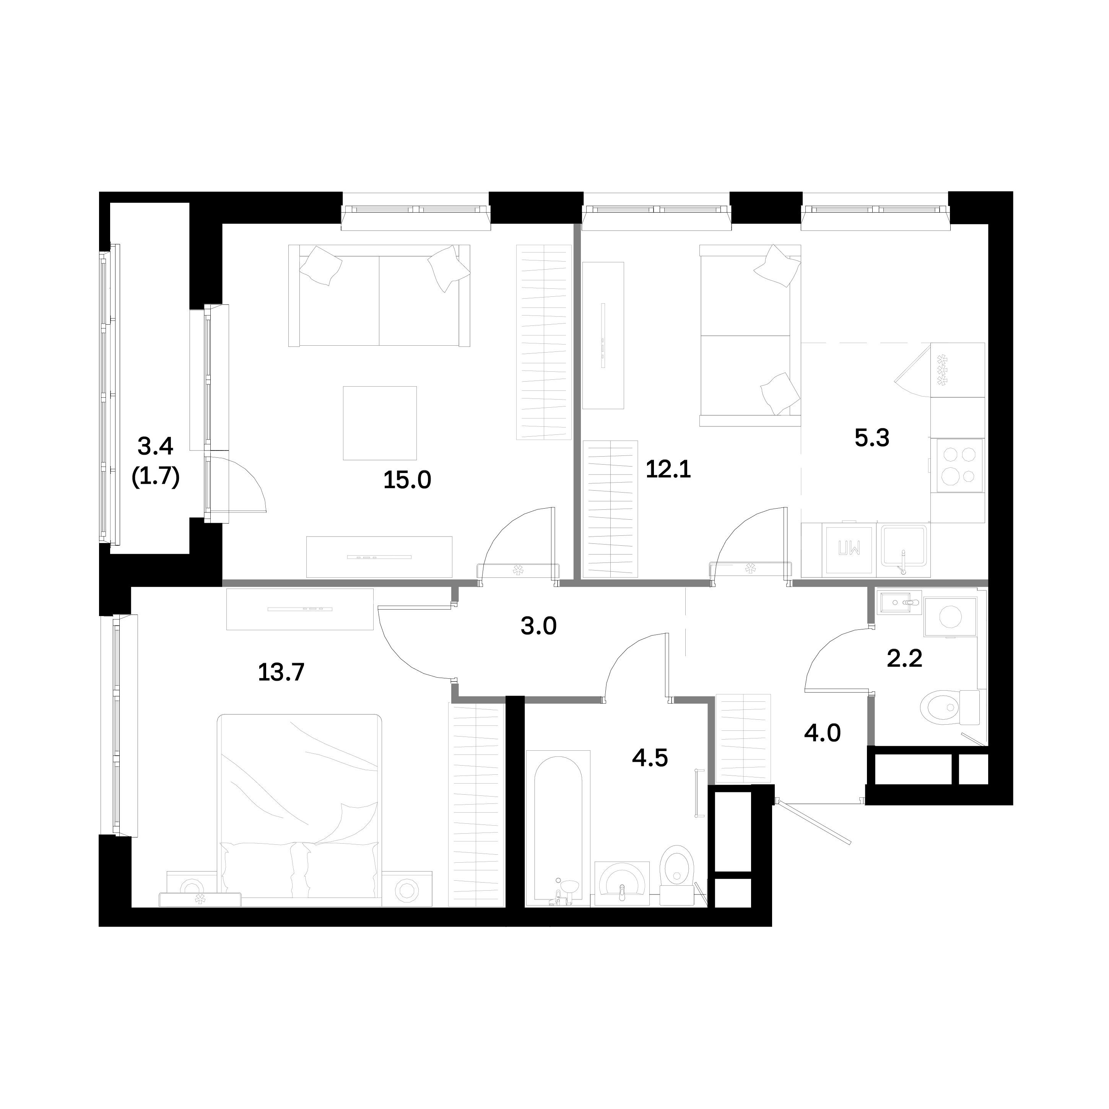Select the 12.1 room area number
pyautogui.click(x=668, y=470)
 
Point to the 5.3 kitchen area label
pyautogui.click(x=872, y=438)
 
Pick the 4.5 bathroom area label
pyautogui.click(x=650, y=758)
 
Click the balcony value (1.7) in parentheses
pyautogui.click(x=156, y=476)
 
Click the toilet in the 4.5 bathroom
pyautogui.click(x=677, y=875)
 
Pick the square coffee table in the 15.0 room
pyautogui.click(x=380, y=423)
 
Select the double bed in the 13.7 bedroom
pyautogui.click(x=300, y=809)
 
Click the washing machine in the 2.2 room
pyautogui.click(x=950, y=616)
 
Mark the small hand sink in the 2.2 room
pyautogui.click(x=899, y=603)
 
